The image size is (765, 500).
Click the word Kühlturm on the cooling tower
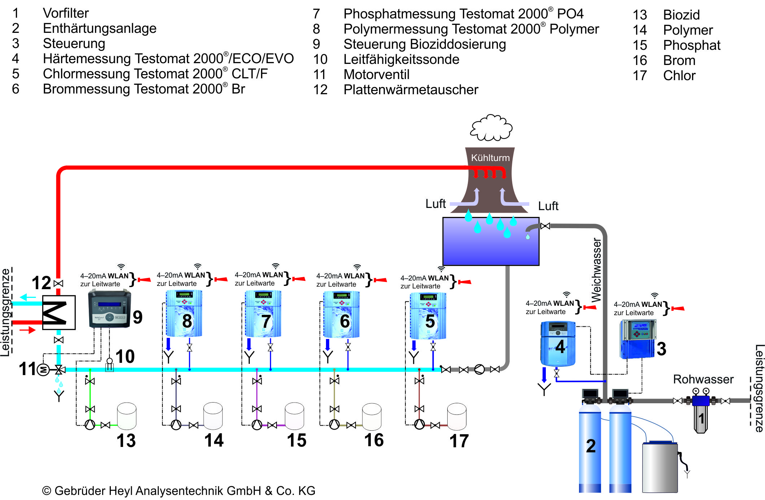490,158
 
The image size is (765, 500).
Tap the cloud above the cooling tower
491,128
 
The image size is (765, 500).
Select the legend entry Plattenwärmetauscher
410,90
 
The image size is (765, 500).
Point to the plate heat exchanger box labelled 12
58,312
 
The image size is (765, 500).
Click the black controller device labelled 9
109,309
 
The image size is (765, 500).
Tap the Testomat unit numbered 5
428,316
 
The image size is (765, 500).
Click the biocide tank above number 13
126,416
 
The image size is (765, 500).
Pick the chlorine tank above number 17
456,416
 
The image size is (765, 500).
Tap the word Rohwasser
703,379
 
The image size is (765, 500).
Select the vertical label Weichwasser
596,270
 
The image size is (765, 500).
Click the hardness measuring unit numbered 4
558,343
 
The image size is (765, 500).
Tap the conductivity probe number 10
109,365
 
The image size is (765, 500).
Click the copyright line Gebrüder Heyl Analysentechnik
179,491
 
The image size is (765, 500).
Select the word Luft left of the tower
435,204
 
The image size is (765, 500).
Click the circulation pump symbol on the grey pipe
479,369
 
